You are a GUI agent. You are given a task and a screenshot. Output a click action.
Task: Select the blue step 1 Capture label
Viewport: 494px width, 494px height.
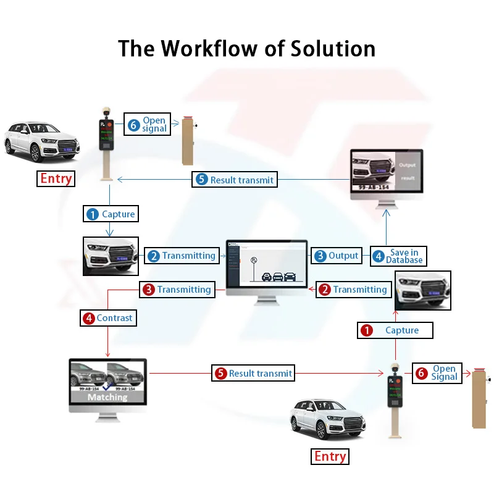click(x=111, y=214)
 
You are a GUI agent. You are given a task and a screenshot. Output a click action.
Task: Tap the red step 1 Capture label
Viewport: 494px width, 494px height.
click(x=395, y=330)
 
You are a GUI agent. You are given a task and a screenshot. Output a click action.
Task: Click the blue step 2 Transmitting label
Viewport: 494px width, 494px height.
click(x=182, y=256)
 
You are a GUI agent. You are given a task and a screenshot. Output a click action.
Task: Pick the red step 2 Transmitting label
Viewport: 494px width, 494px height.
click(x=353, y=290)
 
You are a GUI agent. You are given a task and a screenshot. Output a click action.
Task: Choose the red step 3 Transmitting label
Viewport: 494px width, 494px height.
click(x=177, y=290)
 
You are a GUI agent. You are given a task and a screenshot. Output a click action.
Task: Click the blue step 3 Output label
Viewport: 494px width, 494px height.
click(x=337, y=256)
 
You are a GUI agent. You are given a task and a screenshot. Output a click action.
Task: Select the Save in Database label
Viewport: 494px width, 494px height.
click(x=398, y=256)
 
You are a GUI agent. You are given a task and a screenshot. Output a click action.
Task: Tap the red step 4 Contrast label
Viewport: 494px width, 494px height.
click(x=107, y=318)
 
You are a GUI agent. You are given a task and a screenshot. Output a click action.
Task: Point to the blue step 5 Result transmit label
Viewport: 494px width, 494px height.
click(x=235, y=180)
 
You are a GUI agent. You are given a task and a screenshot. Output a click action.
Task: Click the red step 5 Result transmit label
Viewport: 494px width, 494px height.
click(x=253, y=374)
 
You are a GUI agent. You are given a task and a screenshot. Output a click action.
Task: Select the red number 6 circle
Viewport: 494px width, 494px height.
click(x=422, y=373)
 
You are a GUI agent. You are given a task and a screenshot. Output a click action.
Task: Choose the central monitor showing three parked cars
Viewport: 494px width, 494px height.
click(x=266, y=267)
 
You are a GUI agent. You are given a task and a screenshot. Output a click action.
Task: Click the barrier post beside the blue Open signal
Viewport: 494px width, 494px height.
click(x=188, y=141)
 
